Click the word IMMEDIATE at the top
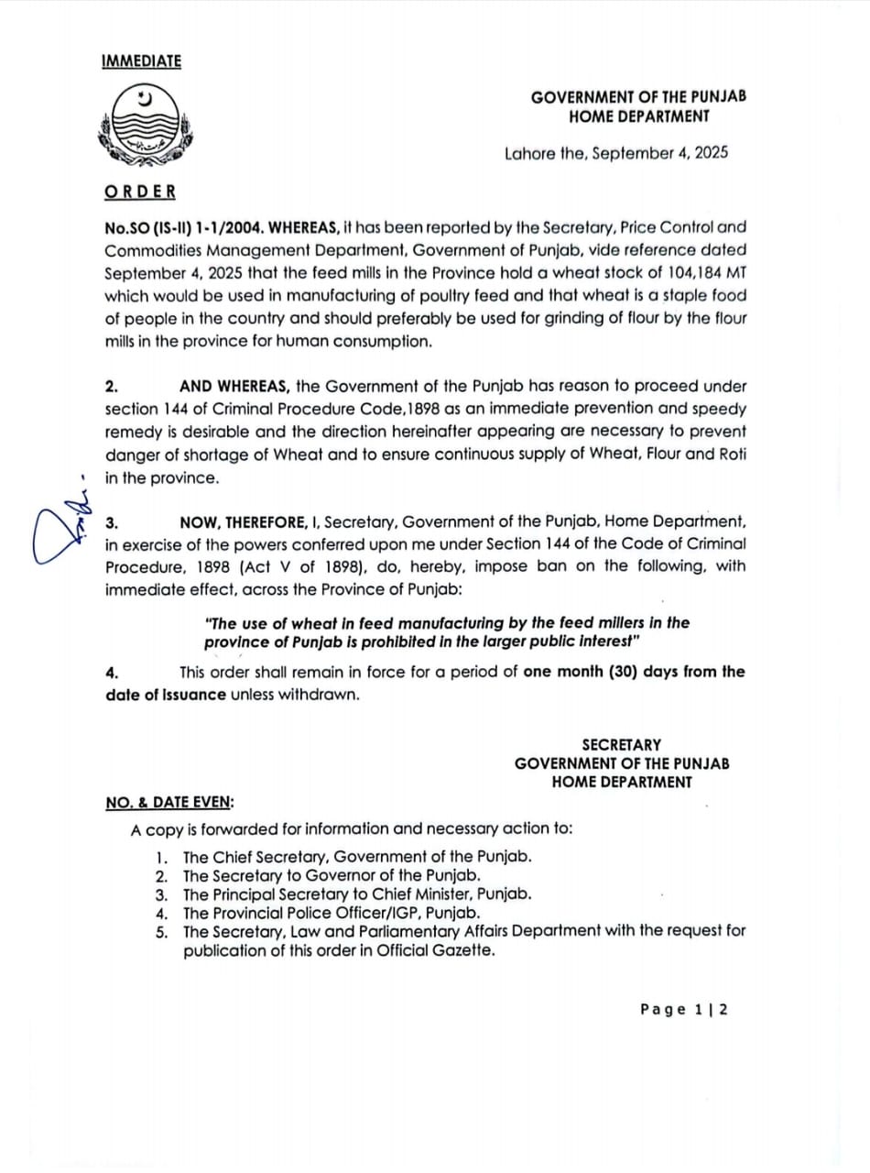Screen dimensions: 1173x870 pyautogui.click(x=141, y=61)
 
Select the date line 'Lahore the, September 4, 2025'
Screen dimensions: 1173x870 pyautogui.click(x=615, y=153)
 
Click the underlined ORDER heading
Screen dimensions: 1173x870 pyautogui.click(x=140, y=192)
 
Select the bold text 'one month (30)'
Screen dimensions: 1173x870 pyautogui.click(x=580, y=672)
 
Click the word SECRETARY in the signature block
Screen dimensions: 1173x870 pyautogui.click(x=621, y=745)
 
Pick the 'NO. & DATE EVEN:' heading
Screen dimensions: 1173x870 pyautogui.click(x=169, y=802)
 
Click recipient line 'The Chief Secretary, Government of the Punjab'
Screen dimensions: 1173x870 pyautogui.click(x=357, y=858)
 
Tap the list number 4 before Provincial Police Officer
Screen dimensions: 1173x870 pyautogui.click(x=161, y=914)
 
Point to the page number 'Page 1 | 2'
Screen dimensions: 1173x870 pyautogui.click(x=684, y=1009)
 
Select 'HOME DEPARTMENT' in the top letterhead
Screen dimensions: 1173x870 pyautogui.click(x=638, y=116)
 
